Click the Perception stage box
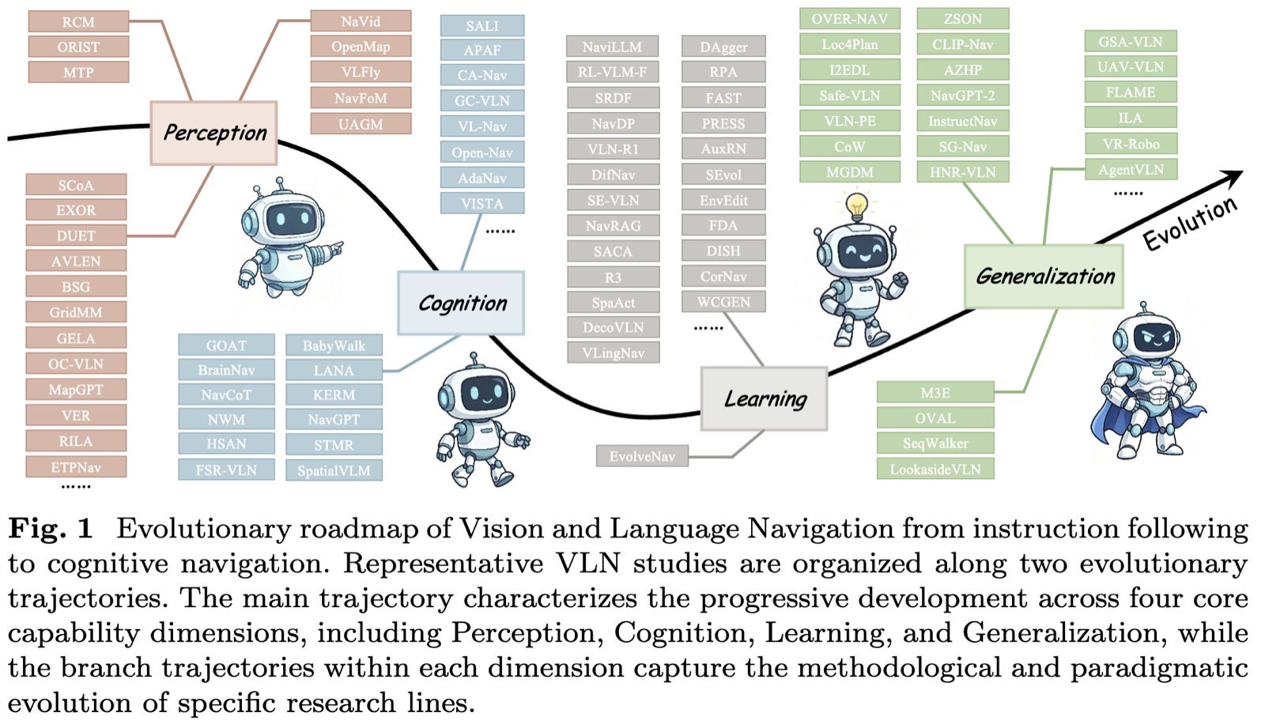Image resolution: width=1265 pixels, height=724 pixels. (213, 134)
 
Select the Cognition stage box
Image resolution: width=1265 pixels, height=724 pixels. (461, 304)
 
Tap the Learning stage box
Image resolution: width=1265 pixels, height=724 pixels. (764, 398)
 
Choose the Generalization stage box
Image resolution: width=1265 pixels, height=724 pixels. (1044, 276)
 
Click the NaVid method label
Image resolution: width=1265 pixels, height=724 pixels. (361, 21)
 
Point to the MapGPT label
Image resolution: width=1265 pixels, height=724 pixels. (76, 390)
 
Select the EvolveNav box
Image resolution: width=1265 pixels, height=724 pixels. (642, 456)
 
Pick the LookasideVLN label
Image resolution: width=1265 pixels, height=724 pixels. (935, 469)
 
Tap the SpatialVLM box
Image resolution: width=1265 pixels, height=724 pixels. (334, 470)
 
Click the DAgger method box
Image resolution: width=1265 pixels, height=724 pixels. (723, 47)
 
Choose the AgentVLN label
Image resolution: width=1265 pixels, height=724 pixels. (1131, 169)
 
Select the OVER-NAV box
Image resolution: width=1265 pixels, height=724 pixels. (850, 19)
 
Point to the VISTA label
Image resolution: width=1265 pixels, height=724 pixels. (482, 203)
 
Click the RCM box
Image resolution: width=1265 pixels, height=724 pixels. (78, 22)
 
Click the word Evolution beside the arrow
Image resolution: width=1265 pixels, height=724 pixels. (1191, 224)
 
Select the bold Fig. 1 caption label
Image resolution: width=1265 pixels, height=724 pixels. (51, 529)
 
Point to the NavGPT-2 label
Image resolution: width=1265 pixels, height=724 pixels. (963, 96)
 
